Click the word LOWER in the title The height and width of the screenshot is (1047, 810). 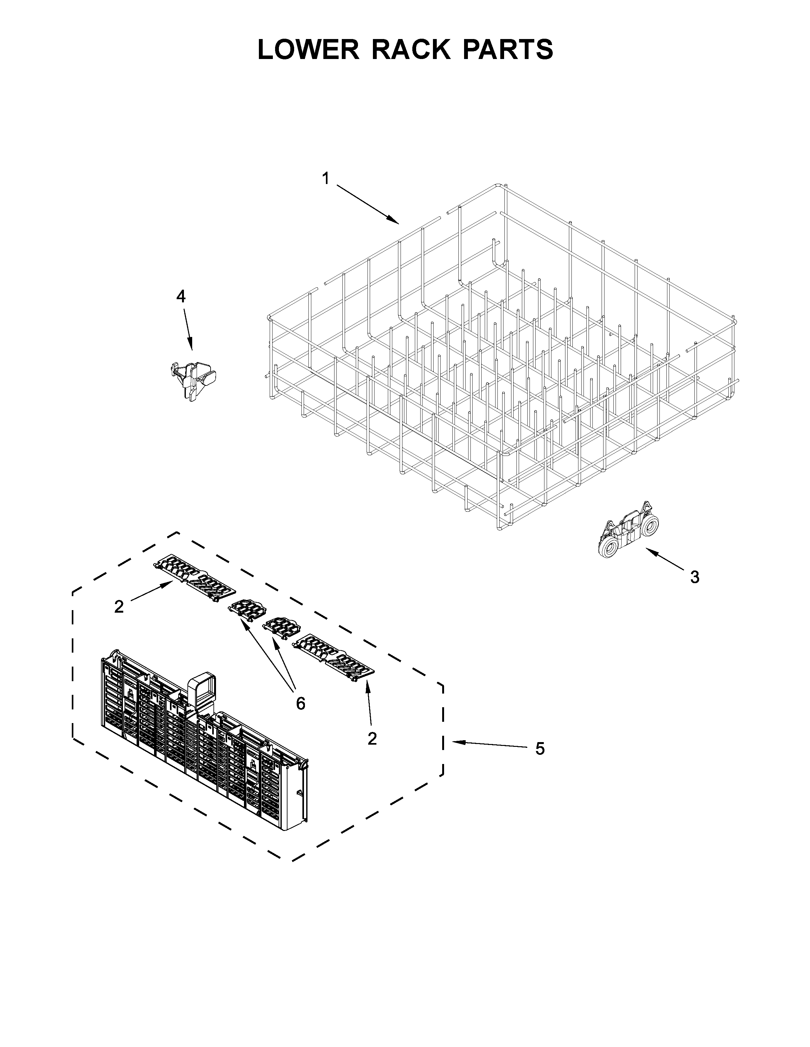(308, 49)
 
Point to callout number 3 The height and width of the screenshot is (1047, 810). (694, 577)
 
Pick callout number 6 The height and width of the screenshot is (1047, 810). (300, 703)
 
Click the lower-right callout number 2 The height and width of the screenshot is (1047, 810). (372, 739)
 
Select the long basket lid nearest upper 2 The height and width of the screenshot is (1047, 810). (194, 578)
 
